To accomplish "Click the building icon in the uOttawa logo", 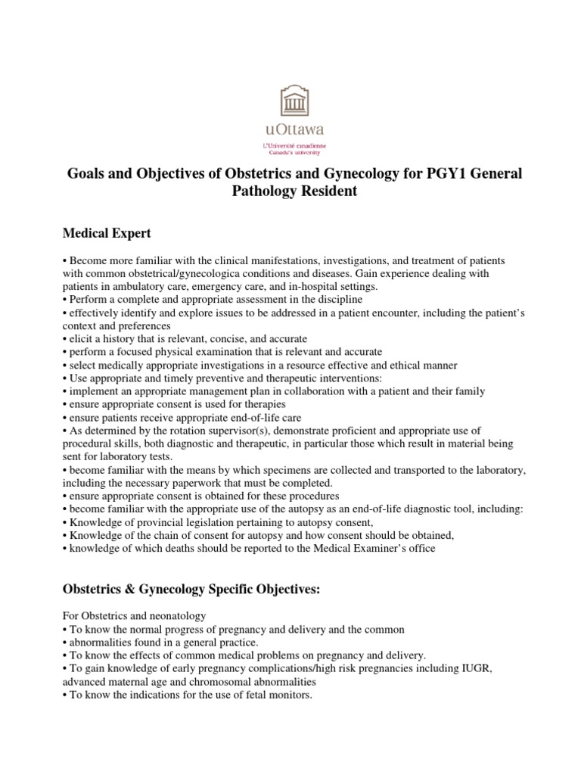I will [x=290, y=101].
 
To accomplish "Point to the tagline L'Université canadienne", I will [x=290, y=144].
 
